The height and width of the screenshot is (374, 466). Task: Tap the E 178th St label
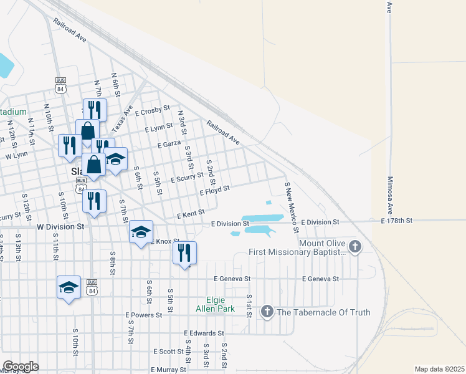point(397,221)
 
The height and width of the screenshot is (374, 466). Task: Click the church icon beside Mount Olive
point(355,247)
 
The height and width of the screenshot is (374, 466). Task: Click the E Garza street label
point(168,144)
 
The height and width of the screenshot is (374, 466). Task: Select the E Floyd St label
point(215,189)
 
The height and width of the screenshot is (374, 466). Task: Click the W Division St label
point(60,228)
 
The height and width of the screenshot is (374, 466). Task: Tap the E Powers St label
point(143,315)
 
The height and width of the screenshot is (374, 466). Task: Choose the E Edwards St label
point(204,333)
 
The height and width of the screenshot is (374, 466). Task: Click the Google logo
point(21,367)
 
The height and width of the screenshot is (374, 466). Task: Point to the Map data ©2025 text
point(439,369)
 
